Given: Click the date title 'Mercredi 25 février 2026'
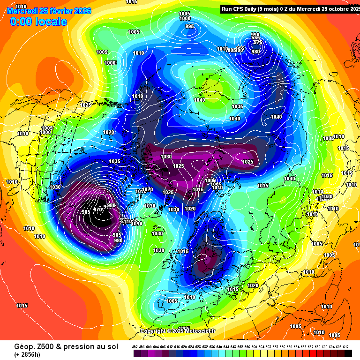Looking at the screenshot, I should [x=49, y=10].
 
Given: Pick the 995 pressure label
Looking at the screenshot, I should [x=190, y=26].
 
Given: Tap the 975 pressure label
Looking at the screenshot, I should [x=257, y=42].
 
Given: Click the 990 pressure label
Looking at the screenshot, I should [x=255, y=35].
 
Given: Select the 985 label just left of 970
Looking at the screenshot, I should [x=86, y=212].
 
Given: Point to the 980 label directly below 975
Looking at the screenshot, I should [x=255, y=52].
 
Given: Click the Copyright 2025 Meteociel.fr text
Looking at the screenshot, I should [x=178, y=331].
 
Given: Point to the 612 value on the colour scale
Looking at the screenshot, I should [x=345, y=346].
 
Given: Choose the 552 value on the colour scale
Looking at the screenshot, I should [x=240, y=346].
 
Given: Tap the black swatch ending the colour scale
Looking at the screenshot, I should [x=348, y=353].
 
